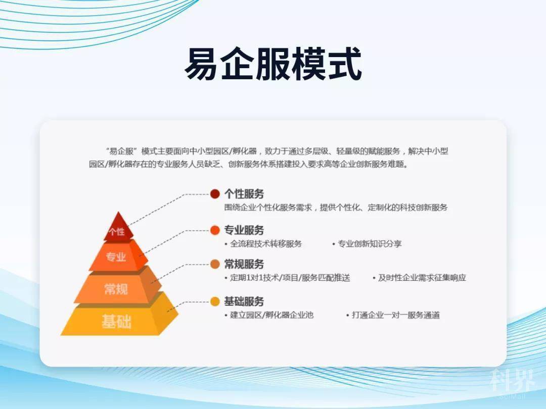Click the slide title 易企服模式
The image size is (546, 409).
point(274,64)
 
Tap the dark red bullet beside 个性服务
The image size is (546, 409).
point(215,194)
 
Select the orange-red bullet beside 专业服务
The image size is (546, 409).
point(215,230)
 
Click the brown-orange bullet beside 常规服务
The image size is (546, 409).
point(215,264)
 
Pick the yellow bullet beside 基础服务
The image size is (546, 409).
point(215,301)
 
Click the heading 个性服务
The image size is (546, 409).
point(244,194)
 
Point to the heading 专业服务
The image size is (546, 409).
point(244,230)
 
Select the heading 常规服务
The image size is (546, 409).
point(244,264)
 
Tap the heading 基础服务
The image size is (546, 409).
point(244,301)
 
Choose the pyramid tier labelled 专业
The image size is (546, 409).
point(118,257)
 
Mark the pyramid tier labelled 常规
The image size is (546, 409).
point(118,288)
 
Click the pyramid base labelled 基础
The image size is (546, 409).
point(118,320)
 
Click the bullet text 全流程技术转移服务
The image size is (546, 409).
point(266,244)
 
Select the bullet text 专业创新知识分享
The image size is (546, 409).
point(370,244)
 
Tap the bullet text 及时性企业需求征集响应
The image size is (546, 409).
point(422,278)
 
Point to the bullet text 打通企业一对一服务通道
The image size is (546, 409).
point(395,315)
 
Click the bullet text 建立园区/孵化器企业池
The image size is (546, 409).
point(271,315)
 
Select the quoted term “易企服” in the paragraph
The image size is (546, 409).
point(121,151)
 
